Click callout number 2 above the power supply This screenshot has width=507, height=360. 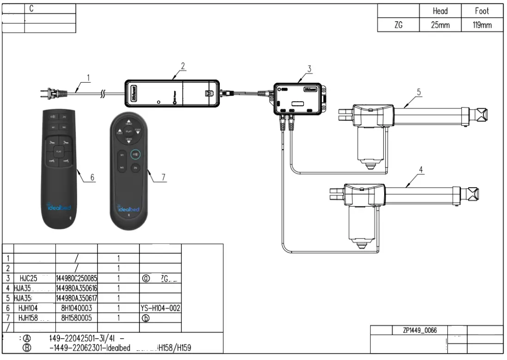183,65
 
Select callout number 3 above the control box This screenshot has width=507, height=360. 309,69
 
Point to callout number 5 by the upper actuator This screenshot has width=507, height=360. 418,92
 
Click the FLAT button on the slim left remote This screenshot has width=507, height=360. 59,151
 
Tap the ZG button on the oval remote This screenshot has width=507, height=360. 135,167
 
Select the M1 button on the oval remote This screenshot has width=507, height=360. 122,154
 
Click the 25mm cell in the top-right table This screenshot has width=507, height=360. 440,25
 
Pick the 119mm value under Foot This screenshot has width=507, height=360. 482,25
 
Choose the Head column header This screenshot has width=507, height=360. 440,11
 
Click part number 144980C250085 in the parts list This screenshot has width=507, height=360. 76,278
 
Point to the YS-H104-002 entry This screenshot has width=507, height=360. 160,307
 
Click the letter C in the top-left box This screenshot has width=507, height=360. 31,9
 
